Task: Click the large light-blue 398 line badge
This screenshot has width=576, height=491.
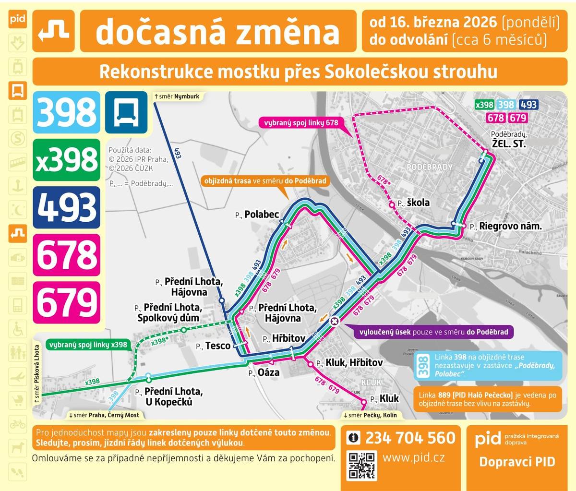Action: (66, 112)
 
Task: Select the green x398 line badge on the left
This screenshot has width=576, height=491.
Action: (66, 160)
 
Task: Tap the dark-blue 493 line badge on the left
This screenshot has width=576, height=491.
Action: (66, 207)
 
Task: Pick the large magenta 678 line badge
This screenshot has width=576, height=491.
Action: (66, 254)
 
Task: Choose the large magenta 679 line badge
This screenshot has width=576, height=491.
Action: (66, 302)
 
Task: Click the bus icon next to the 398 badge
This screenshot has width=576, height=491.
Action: (126, 112)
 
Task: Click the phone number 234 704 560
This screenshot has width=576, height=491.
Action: (410, 438)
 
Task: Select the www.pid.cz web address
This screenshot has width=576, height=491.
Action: (413, 458)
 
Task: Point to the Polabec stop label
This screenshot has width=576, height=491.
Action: (262, 214)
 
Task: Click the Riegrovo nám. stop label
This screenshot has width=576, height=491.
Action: (510, 226)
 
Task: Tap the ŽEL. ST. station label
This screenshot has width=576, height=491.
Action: (509, 144)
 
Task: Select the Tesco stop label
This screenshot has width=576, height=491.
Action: (217, 346)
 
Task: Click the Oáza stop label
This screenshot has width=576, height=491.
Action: (268, 372)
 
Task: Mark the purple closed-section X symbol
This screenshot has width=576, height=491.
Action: (335, 321)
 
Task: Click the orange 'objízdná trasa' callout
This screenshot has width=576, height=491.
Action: (265, 181)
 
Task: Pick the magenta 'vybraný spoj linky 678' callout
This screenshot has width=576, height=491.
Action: (301, 122)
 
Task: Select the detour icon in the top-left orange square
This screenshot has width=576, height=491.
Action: (53, 31)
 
